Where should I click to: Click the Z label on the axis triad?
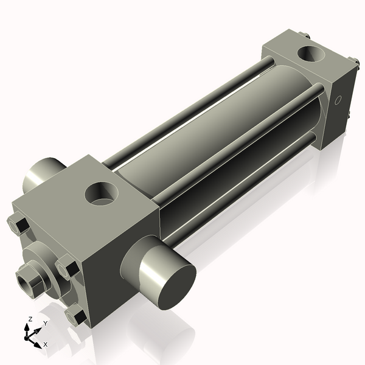[30, 319]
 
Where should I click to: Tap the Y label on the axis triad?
[44, 323]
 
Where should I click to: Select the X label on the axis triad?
[45, 344]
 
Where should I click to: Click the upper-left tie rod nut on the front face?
[18, 225]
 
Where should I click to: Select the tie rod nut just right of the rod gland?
[66, 268]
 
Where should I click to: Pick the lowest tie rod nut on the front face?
[76, 316]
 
